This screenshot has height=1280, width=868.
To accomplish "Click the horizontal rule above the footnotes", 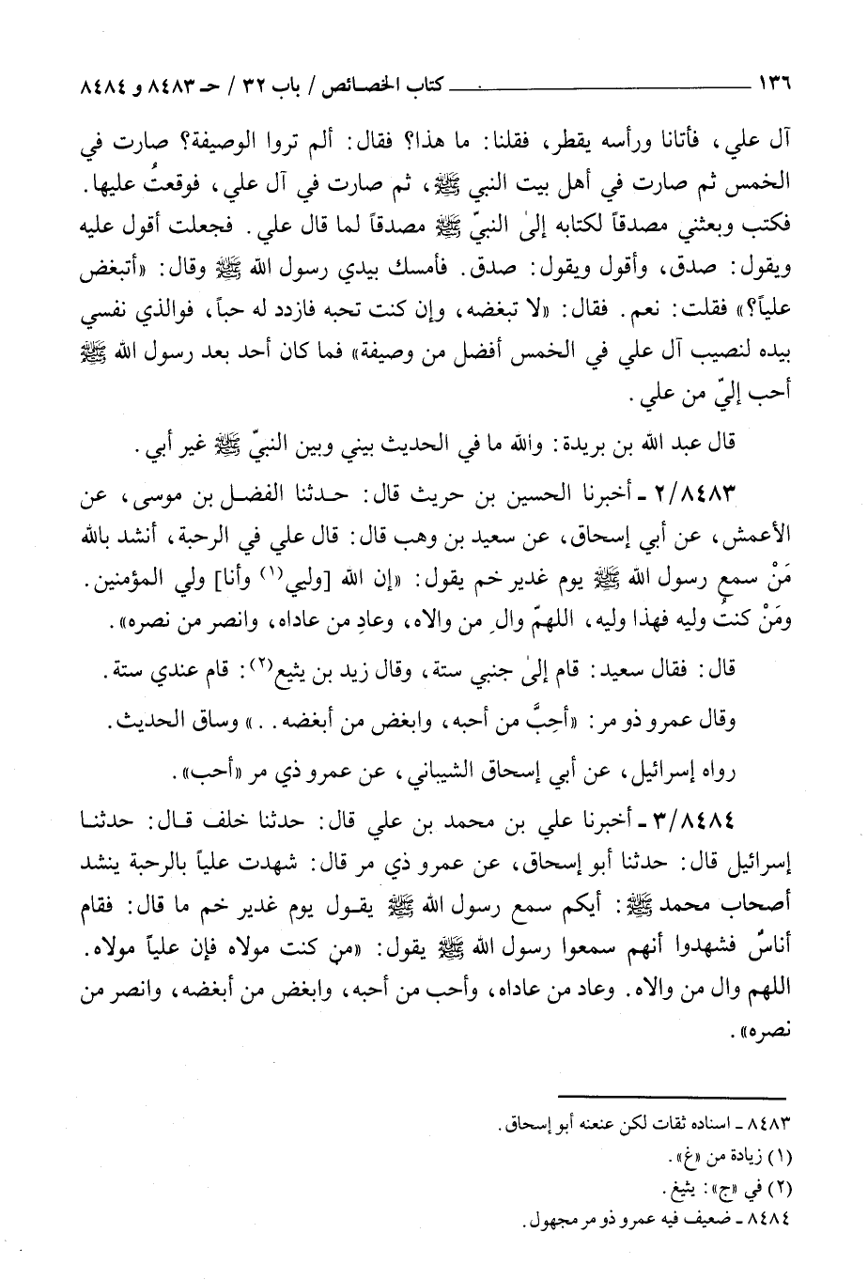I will pos(735,1093).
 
